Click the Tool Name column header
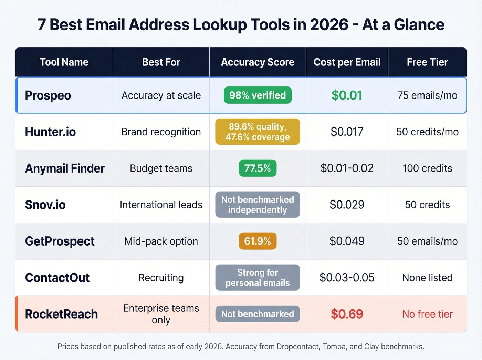(64, 62)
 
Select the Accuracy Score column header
(258, 62)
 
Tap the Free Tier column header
(427, 62)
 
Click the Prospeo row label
(48, 95)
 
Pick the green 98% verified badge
(258, 95)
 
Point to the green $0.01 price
(347, 95)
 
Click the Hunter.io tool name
(50, 132)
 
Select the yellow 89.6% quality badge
(258, 132)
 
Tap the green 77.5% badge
(258, 168)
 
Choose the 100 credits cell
(427, 168)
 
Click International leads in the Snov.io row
(161, 205)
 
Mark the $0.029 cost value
(347, 205)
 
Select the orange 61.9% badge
(258, 241)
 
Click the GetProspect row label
(60, 241)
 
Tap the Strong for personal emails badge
(258, 278)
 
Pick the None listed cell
(427, 278)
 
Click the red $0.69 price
(347, 314)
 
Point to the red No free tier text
(427, 314)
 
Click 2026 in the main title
(329, 25)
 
